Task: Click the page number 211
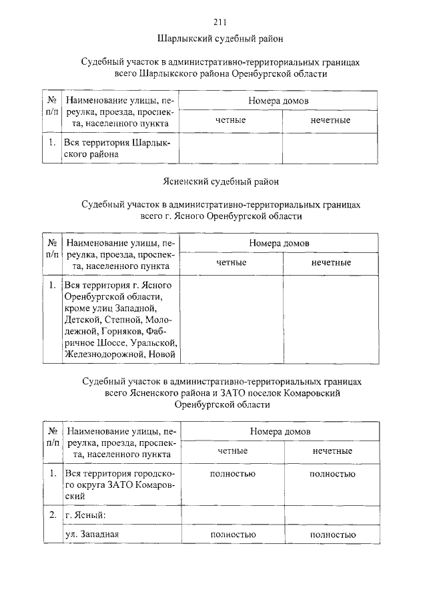coord(220,21)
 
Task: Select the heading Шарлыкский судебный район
coord(220,38)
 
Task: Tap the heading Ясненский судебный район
coord(220,181)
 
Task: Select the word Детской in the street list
coord(81,319)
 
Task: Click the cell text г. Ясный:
coord(85,516)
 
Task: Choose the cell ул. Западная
coord(91,535)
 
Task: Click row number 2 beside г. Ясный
coord(52,516)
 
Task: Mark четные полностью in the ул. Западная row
coord(233,535)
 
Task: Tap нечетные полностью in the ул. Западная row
coord(332,535)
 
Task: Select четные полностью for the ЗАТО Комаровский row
coord(233,474)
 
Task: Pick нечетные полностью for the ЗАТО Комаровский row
coord(332,474)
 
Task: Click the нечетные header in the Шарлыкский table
coord(330,120)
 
